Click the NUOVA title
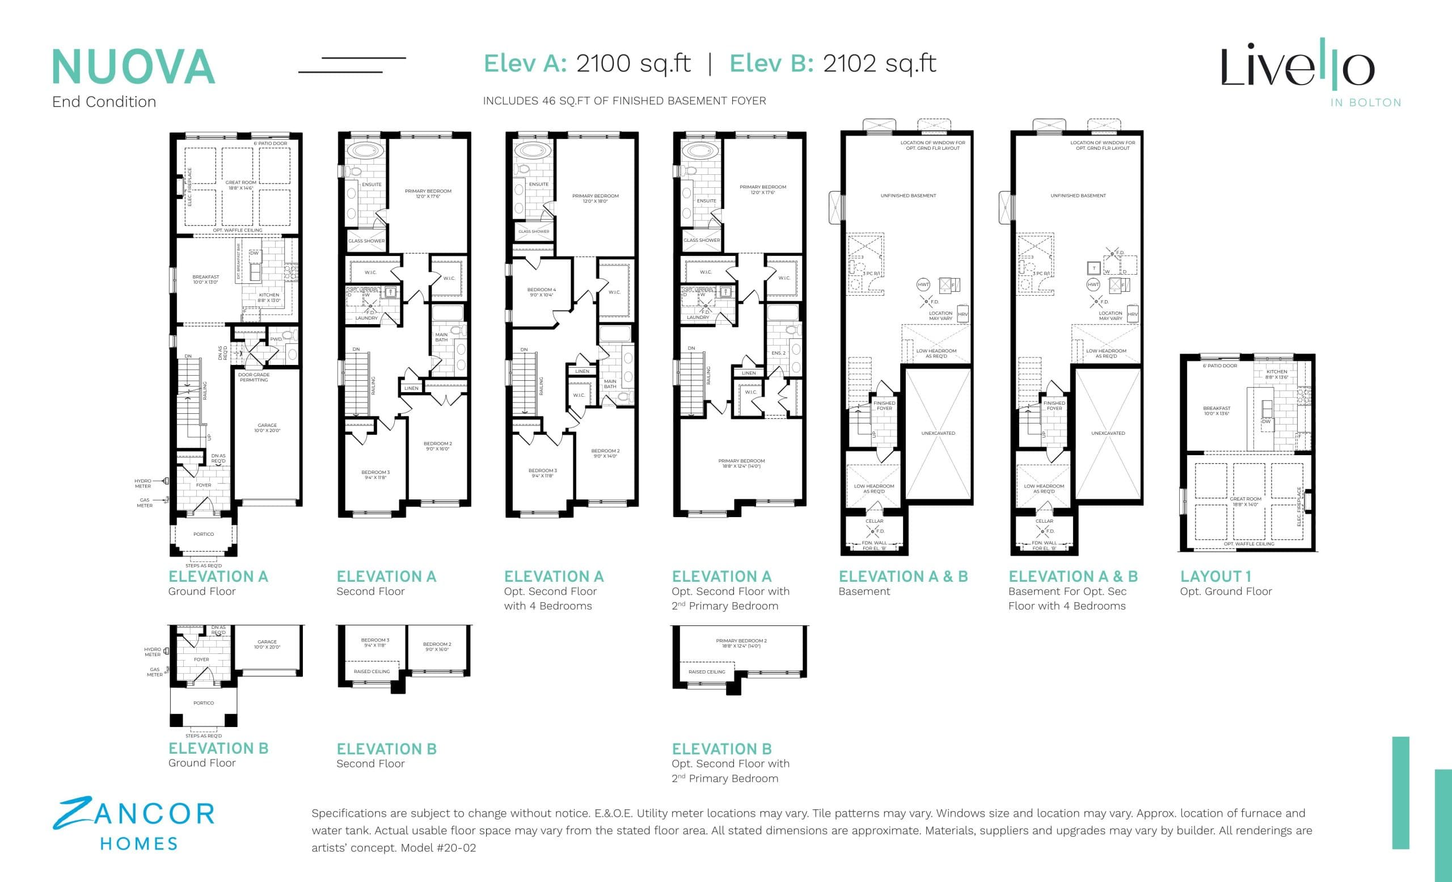click(133, 67)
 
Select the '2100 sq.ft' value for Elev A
click(633, 63)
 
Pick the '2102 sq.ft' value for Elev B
click(879, 63)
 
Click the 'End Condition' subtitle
click(104, 102)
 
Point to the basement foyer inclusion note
click(624, 101)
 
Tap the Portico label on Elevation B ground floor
click(203, 703)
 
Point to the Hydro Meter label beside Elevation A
click(142, 484)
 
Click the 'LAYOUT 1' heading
click(1215, 576)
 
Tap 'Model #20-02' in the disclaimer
click(438, 848)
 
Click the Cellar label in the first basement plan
click(874, 521)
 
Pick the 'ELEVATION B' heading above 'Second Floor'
click(386, 749)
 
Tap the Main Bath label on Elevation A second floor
click(441, 337)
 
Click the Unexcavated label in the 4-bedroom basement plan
click(1108, 433)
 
